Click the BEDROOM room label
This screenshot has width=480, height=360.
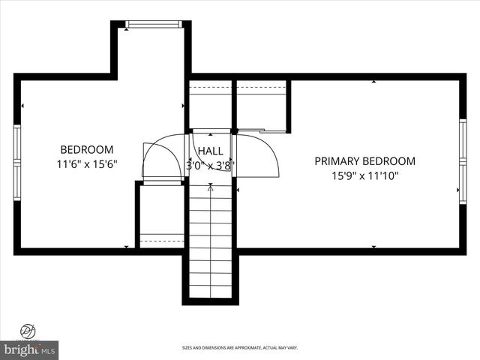87,149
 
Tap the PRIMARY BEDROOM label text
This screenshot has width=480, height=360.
364,161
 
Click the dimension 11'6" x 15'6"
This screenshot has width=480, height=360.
87,163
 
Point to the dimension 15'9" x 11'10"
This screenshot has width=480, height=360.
364,175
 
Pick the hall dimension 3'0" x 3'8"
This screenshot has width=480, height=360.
211,165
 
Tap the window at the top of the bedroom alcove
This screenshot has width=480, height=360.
154,25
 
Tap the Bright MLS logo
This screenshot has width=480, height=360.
29,349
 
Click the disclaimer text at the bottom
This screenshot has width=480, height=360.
239,348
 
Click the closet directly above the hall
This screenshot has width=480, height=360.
211,105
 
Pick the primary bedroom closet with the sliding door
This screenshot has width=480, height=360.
262,105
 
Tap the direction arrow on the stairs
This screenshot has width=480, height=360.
210,188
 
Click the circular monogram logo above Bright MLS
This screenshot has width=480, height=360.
29,330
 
